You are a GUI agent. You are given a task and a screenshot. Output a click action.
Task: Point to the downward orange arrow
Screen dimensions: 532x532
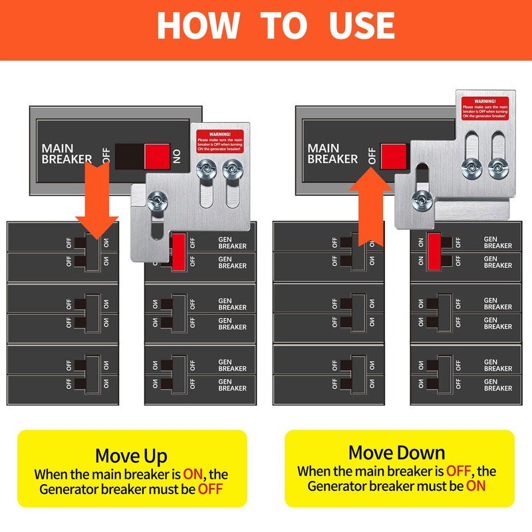(x=96, y=199)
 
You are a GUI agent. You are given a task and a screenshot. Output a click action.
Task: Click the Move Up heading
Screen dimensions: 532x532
(x=132, y=456)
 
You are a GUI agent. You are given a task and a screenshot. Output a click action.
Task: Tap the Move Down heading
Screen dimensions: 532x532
(x=397, y=453)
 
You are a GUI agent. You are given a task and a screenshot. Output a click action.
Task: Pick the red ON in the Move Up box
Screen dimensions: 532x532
(x=198, y=475)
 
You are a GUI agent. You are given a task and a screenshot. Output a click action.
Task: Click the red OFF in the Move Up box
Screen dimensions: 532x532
(x=209, y=490)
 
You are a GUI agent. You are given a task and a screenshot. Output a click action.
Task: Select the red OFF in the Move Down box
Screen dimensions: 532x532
(x=459, y=471)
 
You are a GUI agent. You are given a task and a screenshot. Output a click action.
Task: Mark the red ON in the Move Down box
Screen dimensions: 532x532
(x=475, y=485)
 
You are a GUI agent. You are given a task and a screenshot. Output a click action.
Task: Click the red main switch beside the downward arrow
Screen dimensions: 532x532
(x=157, y=155)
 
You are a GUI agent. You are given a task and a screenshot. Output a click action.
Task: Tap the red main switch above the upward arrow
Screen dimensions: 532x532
(x=393, y=156)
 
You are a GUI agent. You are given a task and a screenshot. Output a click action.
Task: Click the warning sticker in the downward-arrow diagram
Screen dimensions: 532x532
(x=220, y=141)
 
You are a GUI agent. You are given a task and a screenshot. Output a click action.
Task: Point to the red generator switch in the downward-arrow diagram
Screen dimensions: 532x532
(x=178, y=251)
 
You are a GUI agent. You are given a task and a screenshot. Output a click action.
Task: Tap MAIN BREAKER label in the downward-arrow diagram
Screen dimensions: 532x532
(x=66, y=154)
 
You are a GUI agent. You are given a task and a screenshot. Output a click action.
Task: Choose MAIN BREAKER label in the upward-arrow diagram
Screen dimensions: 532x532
(x=332, y=154)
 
